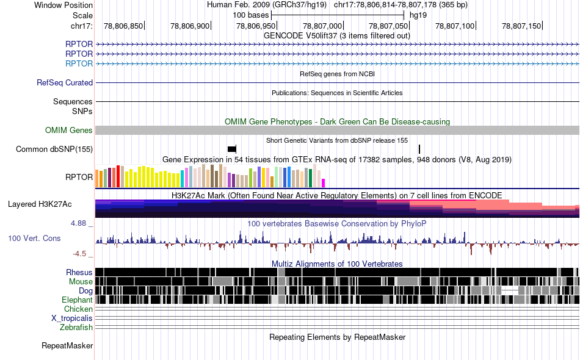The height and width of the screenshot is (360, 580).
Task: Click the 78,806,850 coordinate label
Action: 123,26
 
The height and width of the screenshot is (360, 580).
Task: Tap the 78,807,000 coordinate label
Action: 322,26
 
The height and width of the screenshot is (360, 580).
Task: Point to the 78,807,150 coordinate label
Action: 521,26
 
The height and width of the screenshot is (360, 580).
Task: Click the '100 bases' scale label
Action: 251,15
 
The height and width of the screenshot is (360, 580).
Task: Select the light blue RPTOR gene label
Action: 79,63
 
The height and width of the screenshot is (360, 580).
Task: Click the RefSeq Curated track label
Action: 65,82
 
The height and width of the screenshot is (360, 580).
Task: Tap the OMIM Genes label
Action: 69,130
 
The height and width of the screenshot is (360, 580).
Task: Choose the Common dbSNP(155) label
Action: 54,149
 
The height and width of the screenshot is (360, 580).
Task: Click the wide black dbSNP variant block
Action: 231,149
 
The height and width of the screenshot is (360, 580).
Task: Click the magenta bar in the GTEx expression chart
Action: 324,183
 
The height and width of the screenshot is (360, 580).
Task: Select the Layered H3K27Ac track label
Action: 40,204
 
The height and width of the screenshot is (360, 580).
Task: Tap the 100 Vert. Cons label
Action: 34,239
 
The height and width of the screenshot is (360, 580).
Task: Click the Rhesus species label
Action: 79,272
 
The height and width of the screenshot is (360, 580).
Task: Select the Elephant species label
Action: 77,300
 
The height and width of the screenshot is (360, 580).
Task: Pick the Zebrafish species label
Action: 76,327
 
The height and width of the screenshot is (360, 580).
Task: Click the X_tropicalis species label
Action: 72,319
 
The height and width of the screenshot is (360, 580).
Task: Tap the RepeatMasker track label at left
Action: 67,345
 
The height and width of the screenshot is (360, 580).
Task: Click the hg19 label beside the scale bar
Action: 418,15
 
